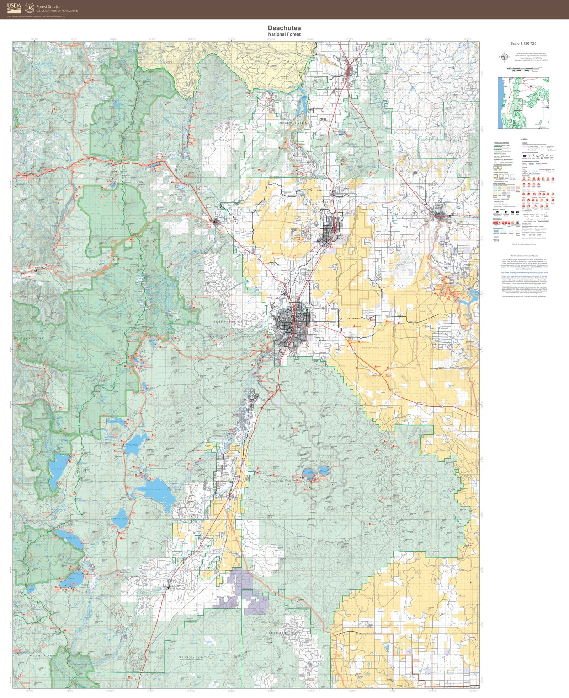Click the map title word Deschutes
click(x=284, y=28)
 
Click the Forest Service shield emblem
click(x=30, y=7)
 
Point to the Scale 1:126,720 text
click(x=523, y=43)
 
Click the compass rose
click(x=504, y=56)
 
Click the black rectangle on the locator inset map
click(x=517, y=104)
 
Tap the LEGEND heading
click(x=524, y=139)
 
